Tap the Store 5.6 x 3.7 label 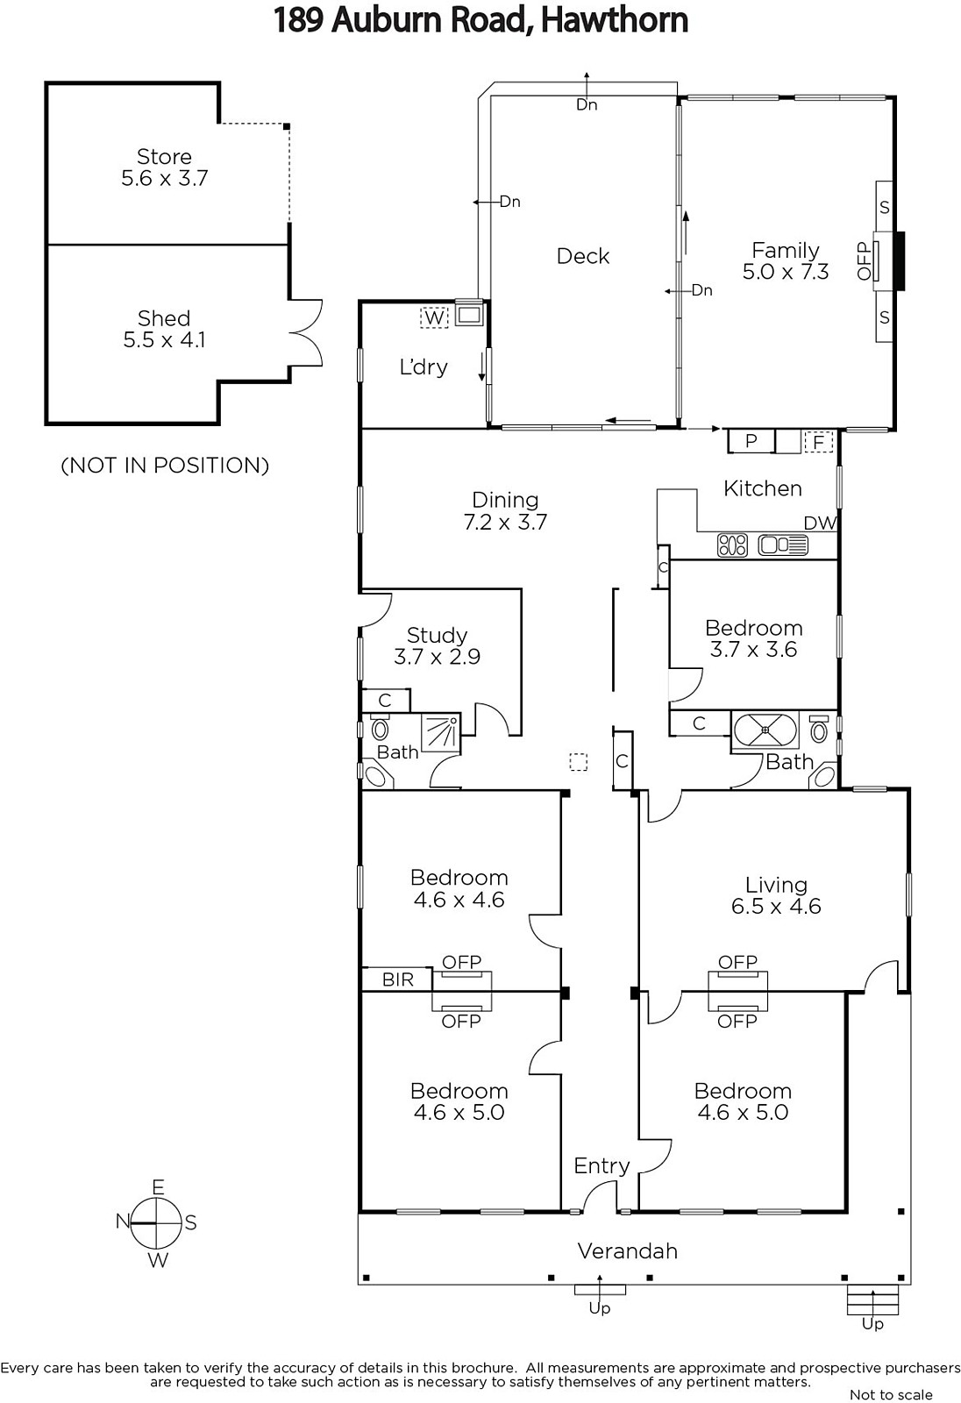tap(164, 167)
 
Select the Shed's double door tap(306, 332)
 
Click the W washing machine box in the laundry tap(434, 317)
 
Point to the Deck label tap(582, 256)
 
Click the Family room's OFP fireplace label tap(865, 261)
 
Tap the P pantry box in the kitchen tap(751, 441)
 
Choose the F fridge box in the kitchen tap(818, 442)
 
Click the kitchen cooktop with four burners tap(732, 545)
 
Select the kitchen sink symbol tap(783, 545)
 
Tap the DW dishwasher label tap(820, 523)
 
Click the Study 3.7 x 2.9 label tap(437, 645)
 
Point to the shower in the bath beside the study tap(441, 732)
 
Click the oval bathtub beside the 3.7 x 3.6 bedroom tap(765, 730)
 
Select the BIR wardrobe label tap(398, 979)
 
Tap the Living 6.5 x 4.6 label tap(776, 895)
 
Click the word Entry tap(602, 1166)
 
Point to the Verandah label tap(627, 1251)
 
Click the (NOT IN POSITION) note tap(165, 466)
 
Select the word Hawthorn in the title tap(614, 20)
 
